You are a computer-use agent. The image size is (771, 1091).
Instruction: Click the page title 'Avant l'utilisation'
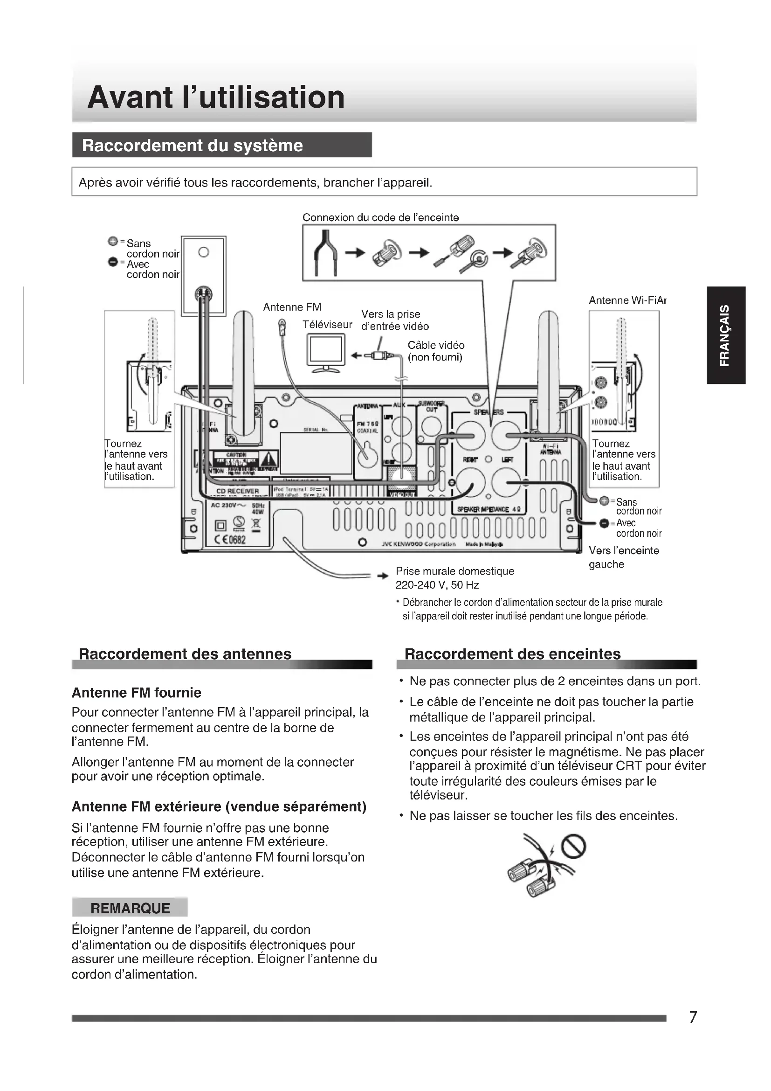click(216, 97)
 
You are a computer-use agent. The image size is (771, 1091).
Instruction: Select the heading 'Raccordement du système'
click(192, 146)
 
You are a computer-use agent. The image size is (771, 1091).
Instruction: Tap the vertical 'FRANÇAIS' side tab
click(725, 335)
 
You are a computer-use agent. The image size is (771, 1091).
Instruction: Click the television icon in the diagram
click(326, 352)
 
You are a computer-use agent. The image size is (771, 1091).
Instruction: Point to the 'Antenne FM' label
click(292, 307)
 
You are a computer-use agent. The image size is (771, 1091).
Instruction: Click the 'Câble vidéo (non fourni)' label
click(435, 351)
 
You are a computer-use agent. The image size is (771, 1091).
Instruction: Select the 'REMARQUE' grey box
click(130, 908)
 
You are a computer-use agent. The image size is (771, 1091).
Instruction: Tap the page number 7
click(693, 1017)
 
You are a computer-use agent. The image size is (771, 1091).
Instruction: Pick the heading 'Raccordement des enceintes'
click(512, 654)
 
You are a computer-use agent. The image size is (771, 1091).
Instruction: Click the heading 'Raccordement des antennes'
click(185, 654)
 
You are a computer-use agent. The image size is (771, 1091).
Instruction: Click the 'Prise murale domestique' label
click(455, 571)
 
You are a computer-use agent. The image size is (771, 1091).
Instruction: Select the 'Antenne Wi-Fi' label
click(626, 300)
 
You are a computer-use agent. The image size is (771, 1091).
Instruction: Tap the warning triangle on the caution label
click(268, 459)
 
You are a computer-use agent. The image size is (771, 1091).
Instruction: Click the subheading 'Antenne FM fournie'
click(136, 693)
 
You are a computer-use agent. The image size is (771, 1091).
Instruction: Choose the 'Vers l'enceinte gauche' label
click(623, 557)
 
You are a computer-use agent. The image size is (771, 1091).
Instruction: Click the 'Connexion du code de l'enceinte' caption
click(381, 218)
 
